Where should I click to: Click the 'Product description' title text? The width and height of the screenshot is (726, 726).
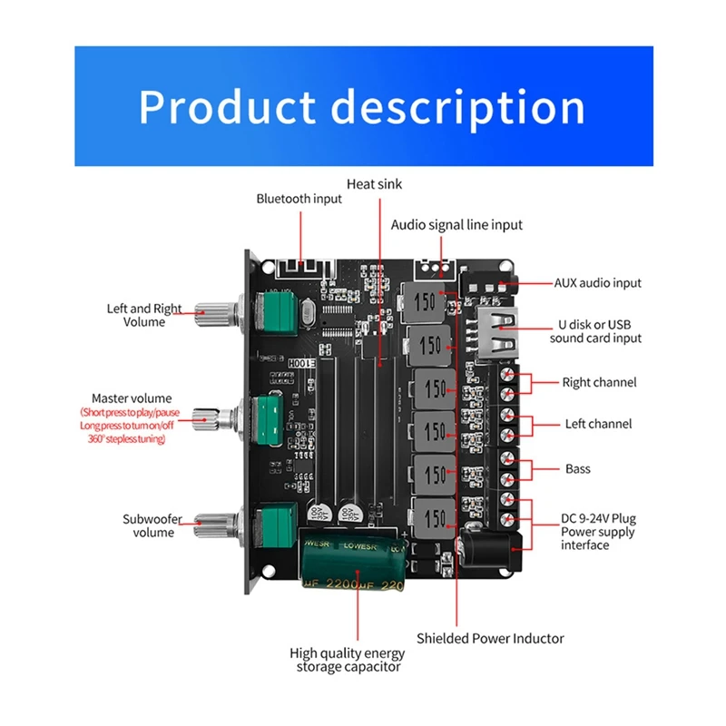362,107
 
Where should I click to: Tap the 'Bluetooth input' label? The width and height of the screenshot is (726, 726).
299,199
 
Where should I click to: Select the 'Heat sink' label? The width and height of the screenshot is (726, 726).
374,184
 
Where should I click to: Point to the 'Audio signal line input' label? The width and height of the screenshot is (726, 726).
456,225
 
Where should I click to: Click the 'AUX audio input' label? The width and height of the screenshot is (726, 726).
597,283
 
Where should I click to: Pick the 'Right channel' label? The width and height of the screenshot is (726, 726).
599,382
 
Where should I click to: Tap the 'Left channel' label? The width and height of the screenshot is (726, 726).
597,424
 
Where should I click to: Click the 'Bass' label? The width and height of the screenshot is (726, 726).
577,469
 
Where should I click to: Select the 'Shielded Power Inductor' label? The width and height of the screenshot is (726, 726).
490,638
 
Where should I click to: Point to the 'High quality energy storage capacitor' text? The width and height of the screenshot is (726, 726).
348,660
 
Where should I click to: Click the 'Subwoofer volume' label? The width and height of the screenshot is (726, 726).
152,525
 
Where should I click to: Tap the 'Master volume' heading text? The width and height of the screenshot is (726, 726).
132,398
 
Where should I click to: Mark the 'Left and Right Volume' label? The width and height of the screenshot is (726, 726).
145,315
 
